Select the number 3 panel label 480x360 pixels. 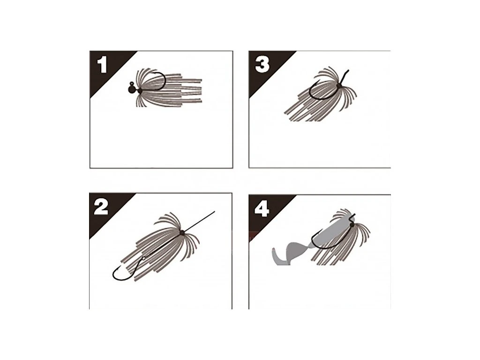262,65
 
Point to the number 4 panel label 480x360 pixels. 262,209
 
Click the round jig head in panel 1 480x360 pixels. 132,89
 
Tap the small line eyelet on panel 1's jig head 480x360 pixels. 132,83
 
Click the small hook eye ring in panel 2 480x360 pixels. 143,259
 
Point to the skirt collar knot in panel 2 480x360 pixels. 182,232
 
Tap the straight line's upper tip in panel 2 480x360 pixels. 215,211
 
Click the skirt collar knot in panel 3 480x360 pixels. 338,86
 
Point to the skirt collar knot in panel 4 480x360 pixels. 352,225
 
